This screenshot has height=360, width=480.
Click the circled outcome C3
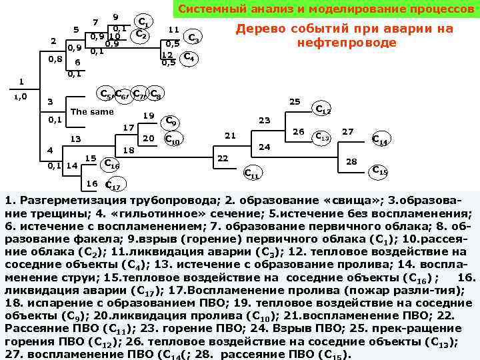[x=193, y=37]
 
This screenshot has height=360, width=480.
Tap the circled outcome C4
[x=189, y=57]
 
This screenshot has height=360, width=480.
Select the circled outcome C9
[x=171, y=121]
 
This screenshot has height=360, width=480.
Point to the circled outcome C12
[x=323, y=109]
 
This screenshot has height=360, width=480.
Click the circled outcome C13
[x=323, y=137]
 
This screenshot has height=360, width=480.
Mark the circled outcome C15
[x=379, y=170]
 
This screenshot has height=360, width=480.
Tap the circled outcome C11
[x=251, y=173]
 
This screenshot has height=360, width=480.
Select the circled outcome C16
[x=112, y=165]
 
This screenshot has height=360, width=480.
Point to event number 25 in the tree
[x=294, y=101]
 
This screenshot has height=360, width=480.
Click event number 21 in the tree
[x=230, y=135]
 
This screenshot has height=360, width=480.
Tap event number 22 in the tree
[x=223, y=158]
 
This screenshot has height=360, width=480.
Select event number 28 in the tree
[x=352, y=161]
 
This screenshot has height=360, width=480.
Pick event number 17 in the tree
[x=129, y=127]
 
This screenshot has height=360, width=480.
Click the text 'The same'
[x=92, y=111]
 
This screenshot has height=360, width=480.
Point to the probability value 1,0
[x=21, y=97]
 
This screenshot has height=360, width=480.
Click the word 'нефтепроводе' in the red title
[x=347, y=43]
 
